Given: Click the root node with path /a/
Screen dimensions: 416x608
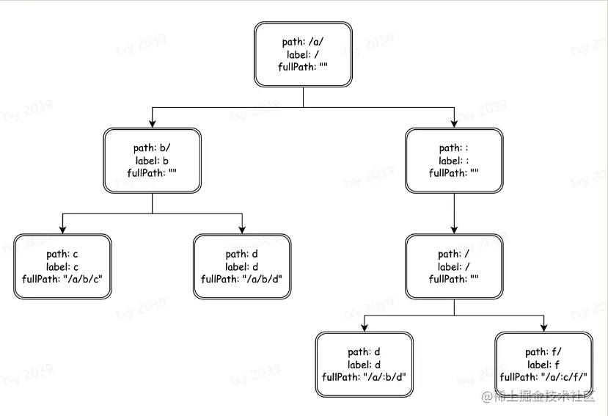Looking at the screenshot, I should pyautogui.click(x=303, y=54).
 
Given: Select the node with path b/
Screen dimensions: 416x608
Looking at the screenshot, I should pyautogui.click(x=152, y=161).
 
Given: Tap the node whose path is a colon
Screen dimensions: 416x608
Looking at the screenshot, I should pyautogui.click(x=454, y=161).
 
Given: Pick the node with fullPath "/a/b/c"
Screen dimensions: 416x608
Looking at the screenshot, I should pyautogui.click(x=62, y=266).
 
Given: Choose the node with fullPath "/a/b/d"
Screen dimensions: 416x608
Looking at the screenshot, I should pyautogui.click(x=242, y=266).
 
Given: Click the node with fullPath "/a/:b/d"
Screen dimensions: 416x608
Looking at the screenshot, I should pyautogui.click(x=365, y=365).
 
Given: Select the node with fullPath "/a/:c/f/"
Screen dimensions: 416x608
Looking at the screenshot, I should pyautogui.click(x=543, y=365).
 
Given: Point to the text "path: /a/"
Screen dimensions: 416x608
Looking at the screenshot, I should pyautogui.click(x=303, y=42).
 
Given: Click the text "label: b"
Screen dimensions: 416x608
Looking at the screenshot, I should pyautogui.click(x=153, y=161).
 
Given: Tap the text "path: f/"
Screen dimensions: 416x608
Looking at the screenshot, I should pyautogui.click(x=543, y=352).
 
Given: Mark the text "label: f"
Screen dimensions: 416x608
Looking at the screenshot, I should pyautogui.click(x=543, y=365).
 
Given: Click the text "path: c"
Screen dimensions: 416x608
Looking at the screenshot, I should pyautogui.click(x=62, y=254).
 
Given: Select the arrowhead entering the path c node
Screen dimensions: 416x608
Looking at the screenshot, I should pyautogui.click(x=62, y=228).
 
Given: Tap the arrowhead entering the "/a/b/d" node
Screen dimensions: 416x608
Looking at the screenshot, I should pyautogui.click(x=242, y=228).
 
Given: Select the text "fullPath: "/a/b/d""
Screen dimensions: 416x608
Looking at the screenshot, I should pyautogui.click(x=242, y=279).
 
